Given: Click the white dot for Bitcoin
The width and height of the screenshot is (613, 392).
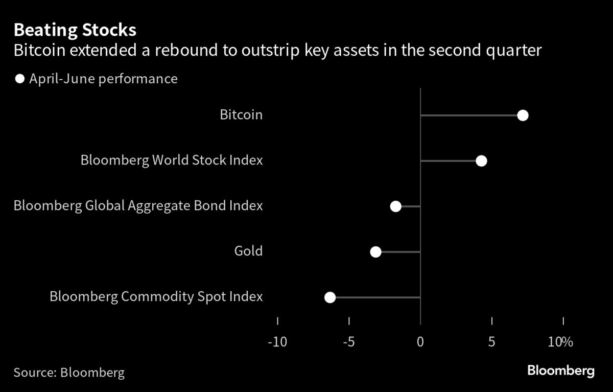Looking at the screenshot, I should click(522, 116).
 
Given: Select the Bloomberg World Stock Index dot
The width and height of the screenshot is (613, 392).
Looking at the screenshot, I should click(481, 161).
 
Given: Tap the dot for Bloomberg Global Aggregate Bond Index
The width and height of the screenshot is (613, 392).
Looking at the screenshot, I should click(395, 206).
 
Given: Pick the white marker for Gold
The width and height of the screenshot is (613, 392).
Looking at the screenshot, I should click(375, 251).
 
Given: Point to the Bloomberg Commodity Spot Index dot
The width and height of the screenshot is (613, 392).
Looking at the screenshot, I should click(330, 297).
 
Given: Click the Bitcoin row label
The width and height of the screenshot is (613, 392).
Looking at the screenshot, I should click(241, 115).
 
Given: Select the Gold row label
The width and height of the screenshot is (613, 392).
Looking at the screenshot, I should click(248, 251).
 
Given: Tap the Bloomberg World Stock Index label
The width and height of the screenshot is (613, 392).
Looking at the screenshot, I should click(172, 160).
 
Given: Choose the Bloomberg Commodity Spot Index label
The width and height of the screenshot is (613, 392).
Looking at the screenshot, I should click(156, 296).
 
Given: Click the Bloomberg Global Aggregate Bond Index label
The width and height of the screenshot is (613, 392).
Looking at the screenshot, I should click(138, 206).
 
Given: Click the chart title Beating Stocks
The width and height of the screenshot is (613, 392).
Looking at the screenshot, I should click(75, 30).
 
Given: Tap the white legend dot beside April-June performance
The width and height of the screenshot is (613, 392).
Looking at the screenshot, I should click(19, 79).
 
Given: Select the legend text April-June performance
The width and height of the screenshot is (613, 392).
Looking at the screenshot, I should click(103, 79).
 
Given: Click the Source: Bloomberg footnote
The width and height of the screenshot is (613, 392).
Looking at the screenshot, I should click(69, 372).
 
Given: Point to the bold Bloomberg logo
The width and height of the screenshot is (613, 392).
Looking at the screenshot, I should click(560, 371).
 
